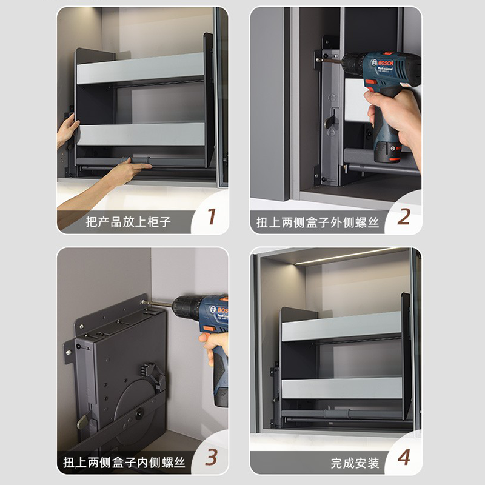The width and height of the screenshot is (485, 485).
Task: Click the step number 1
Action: [x=212, y=216]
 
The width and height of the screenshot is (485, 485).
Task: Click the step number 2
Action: [x=404, y=216]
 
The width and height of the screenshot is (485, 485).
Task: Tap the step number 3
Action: [x=211, y=457]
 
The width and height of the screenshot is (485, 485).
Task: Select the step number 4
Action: [x=404, y=457]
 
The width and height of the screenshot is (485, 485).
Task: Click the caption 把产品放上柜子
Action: [x=128, y=222]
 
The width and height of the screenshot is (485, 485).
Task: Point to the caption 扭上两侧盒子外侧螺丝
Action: [x=318, y=222]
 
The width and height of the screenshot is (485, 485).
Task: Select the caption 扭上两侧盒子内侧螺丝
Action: [x=124, y=463]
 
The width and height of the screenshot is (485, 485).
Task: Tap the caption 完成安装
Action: [x=355, y=463]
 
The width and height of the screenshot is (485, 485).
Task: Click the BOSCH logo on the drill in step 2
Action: [x=386, y=63]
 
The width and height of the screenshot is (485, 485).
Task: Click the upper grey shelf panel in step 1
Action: [x=140, y=68]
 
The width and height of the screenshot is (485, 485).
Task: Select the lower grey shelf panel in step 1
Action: [x=141, y=134]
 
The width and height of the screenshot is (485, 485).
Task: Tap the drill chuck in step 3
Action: [x=185, y=306]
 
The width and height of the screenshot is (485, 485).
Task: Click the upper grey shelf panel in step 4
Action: [x=341, y=326]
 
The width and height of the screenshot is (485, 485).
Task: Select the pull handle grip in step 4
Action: [x=337, y=413]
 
